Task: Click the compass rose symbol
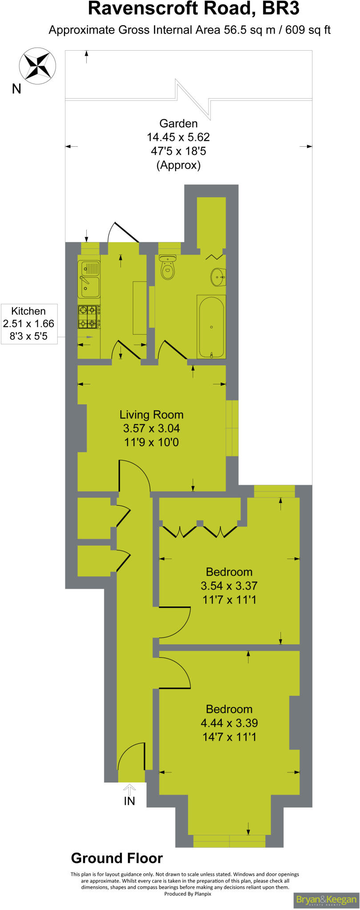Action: tap(37, 66)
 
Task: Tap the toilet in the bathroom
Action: tap(167, 268)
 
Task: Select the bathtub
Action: tap(211, 327)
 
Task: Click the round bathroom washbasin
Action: tap(217, 278)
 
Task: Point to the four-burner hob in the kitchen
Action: tap(88, 316)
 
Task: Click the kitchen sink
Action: tap(89, 279)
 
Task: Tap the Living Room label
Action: tap(152, 415)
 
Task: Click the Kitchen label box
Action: tap(29, 323)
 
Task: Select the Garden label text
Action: tap(178, 124)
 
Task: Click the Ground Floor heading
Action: tap(117, 858)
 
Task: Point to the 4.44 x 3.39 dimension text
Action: tap(229, 723)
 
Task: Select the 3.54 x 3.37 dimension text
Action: tap(229, 586)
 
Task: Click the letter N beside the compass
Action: tap(16, 89)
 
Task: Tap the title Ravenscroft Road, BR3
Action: tap(194, 9)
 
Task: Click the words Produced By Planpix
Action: tap(188, 894)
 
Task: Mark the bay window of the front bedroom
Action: tap(229, 841)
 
